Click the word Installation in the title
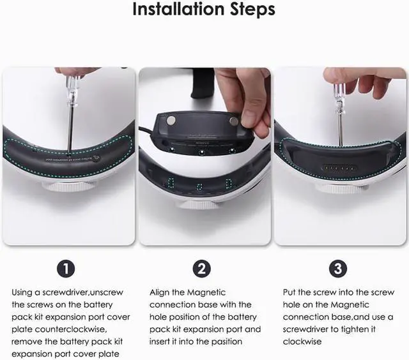click(178, 9)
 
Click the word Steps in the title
click(252, 10)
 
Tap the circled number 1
click(66, 269)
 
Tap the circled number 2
click(202, 269)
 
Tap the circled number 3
click(338, 269)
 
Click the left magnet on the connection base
click(171, 120)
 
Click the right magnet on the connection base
click(233, 121)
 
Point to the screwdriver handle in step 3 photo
click(337, 97)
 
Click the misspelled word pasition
click(227, 341)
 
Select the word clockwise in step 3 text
click(302, 341)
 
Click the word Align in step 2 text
click(159, 293)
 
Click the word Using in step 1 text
click(21, 293)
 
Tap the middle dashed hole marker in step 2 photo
click(200, 187)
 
